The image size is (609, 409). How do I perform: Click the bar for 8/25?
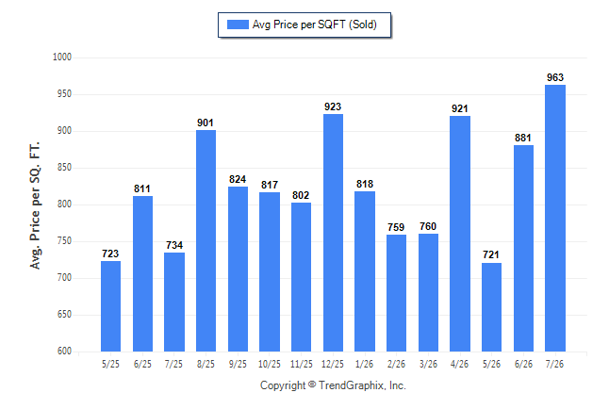(x=206, y=241)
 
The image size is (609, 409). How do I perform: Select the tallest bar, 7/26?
(x=555, y=218)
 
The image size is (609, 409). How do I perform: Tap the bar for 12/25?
(x=333, y=233)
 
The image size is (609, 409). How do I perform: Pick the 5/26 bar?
(x=492, y=307)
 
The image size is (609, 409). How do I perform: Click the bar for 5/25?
(x=110, y=306)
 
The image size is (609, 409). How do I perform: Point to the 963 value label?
(x=555, y=77)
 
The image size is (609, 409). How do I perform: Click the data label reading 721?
(x=491, y=254)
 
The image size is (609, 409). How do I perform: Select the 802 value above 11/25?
(x=301, y=195)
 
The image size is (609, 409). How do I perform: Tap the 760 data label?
(x=428, y=226)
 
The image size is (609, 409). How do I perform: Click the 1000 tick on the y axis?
(x=62, y=57)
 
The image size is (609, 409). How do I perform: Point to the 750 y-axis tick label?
(x=64, y=241)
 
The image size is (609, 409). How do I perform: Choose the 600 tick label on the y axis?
(x=64, y=352)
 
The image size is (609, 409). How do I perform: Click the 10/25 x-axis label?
(x=270, y=364)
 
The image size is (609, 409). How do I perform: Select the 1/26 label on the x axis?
(x=364, y=364)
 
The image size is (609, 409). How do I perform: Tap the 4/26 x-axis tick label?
(x=459, y=364)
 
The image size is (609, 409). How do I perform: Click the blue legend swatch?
(x=238, y=25)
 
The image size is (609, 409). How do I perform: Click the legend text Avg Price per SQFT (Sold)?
(x=315, y=25)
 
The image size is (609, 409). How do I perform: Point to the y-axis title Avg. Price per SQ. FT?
(x=35, y=205)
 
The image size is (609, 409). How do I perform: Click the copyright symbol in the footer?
(x=312, y=384)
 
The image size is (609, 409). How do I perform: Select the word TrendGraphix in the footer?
(x=352, y=385)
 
